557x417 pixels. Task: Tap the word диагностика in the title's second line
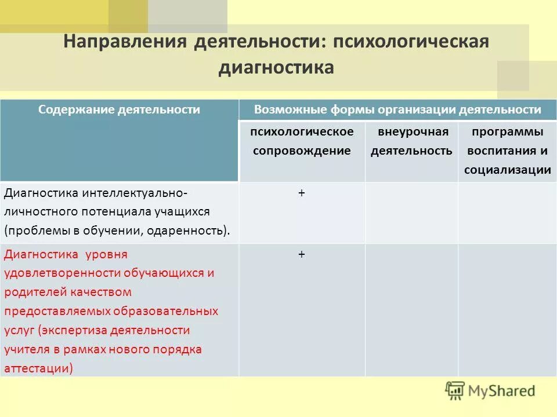(276, 68)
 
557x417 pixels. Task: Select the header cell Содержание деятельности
(120, 109)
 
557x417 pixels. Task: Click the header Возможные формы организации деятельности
(397, 109)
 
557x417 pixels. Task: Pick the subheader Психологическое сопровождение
(302, 141)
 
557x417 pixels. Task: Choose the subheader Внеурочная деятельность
(411, 141)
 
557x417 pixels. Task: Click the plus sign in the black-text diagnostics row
(302, 193)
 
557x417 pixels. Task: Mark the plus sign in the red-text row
(302, 254)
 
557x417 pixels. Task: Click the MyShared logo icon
(455, 390)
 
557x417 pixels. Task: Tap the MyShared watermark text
(501, 391)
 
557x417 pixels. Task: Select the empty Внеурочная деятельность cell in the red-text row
(411, 310)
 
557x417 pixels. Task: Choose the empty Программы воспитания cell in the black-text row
(507, 213)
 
